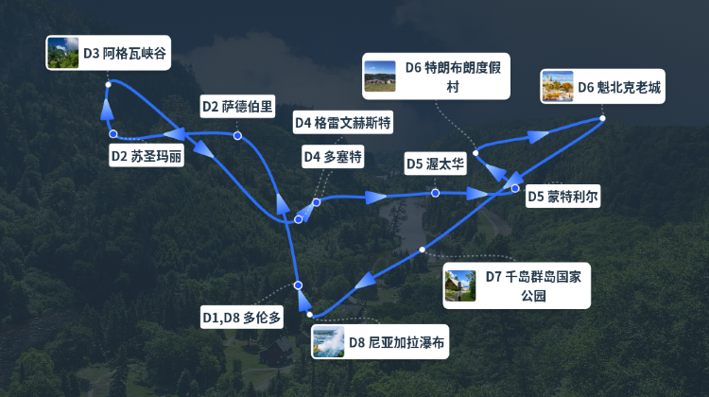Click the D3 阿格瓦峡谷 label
[x=124, y=54]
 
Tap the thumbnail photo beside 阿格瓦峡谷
[x=62, y=53]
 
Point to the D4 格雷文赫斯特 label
[x=342, y=123]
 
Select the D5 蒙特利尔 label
[x=562, y=197]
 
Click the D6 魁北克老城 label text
[x=619, y=87]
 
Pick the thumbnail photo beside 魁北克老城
[x=557, y=87]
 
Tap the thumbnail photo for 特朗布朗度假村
[x=380, y=77]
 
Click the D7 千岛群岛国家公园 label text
[x=537, y=285]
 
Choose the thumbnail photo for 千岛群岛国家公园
[x=460, y=285]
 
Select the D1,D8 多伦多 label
[x=242, y=317]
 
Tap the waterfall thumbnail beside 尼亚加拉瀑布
[x=328, y=342]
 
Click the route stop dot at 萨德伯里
[x=237, y=136]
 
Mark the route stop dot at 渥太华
[x=435, y=193]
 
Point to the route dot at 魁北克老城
[x=602, y=118]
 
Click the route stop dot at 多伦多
[x=297, y=285]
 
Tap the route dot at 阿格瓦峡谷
[x=109, y=85]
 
